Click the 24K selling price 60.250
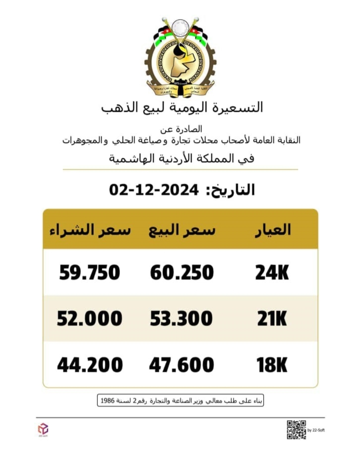click(182, 272)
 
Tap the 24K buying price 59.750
click(90, 272)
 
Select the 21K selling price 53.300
click(181, 319)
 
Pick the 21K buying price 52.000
click(90, 319)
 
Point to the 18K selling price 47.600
click(182, 365)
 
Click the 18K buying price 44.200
click(90, 365)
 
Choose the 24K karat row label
click(272, 272)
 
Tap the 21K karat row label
click(272, 319)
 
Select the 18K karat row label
click(272, 365)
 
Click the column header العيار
click(273, 230)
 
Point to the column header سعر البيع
click(182, 230)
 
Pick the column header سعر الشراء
click(90, 230)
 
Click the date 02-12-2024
click(154, 190)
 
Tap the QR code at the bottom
click(296, 429)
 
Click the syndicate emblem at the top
click(180, 57)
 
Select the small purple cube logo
click(43, 428)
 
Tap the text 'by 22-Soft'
click(316, 430)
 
